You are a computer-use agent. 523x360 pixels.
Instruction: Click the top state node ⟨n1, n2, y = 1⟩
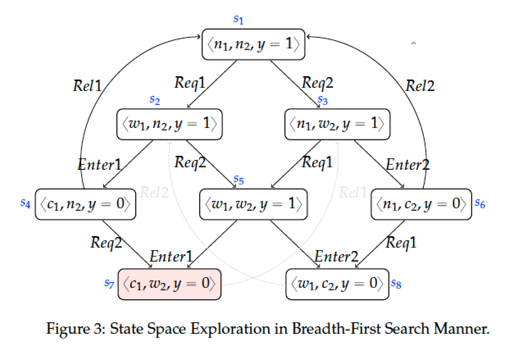(x=253, y=44)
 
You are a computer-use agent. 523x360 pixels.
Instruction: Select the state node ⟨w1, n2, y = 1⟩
(x=169, y=124)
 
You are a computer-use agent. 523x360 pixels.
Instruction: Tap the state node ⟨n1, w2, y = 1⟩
(x=337, y=124)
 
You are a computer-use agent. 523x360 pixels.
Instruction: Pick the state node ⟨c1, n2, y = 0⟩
(x=85, y=204)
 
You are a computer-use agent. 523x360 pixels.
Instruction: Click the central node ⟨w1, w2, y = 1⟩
(x=253, y=204)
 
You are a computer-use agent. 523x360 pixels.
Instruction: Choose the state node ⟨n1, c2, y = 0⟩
(x=421, y=204)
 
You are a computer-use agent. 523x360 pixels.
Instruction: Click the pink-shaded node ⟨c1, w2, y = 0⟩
(x=169, y=284)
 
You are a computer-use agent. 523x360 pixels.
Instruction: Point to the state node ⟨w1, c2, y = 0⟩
(x=337, y=284)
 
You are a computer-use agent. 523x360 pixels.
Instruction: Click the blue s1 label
(x=238, y=19)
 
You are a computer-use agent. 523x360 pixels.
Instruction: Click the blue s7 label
(x=109, y=283)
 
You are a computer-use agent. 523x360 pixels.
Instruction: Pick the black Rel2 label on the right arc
(x=420, y=86)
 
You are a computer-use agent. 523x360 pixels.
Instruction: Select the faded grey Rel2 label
(x=154, y=192)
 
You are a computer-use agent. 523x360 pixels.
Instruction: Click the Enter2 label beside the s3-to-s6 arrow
(x=407, y=165)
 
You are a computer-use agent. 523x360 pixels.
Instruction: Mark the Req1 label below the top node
(x=189, y=83)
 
